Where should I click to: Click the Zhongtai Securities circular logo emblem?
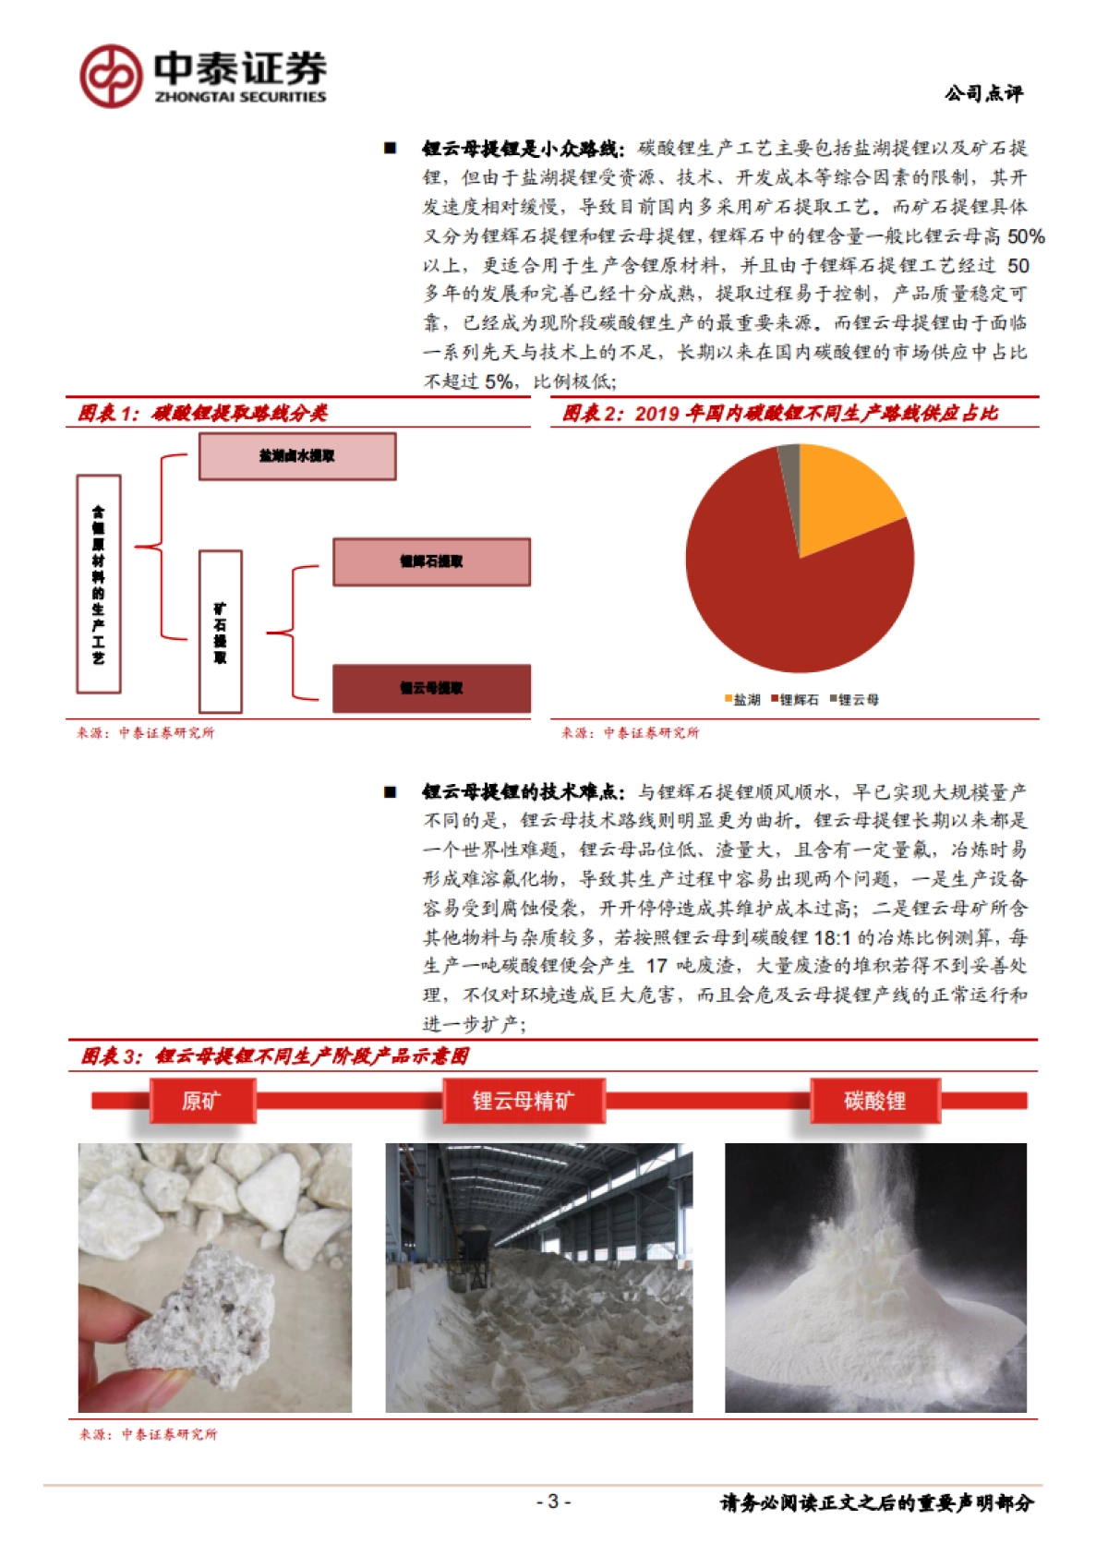111,77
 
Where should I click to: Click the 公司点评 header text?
983,93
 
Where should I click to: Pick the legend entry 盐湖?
742,700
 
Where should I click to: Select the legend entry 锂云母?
854,700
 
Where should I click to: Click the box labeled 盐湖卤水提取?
297,456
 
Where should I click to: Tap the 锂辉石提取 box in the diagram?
431,561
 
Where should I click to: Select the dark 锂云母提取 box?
431,688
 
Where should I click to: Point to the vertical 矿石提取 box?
221,632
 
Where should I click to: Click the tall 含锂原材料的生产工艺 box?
99,584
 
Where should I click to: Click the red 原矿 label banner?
202,1101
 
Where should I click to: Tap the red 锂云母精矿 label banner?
524,1101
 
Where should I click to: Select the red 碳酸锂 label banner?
874,1101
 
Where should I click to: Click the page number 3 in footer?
553,1502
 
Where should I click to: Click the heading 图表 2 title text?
780,413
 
